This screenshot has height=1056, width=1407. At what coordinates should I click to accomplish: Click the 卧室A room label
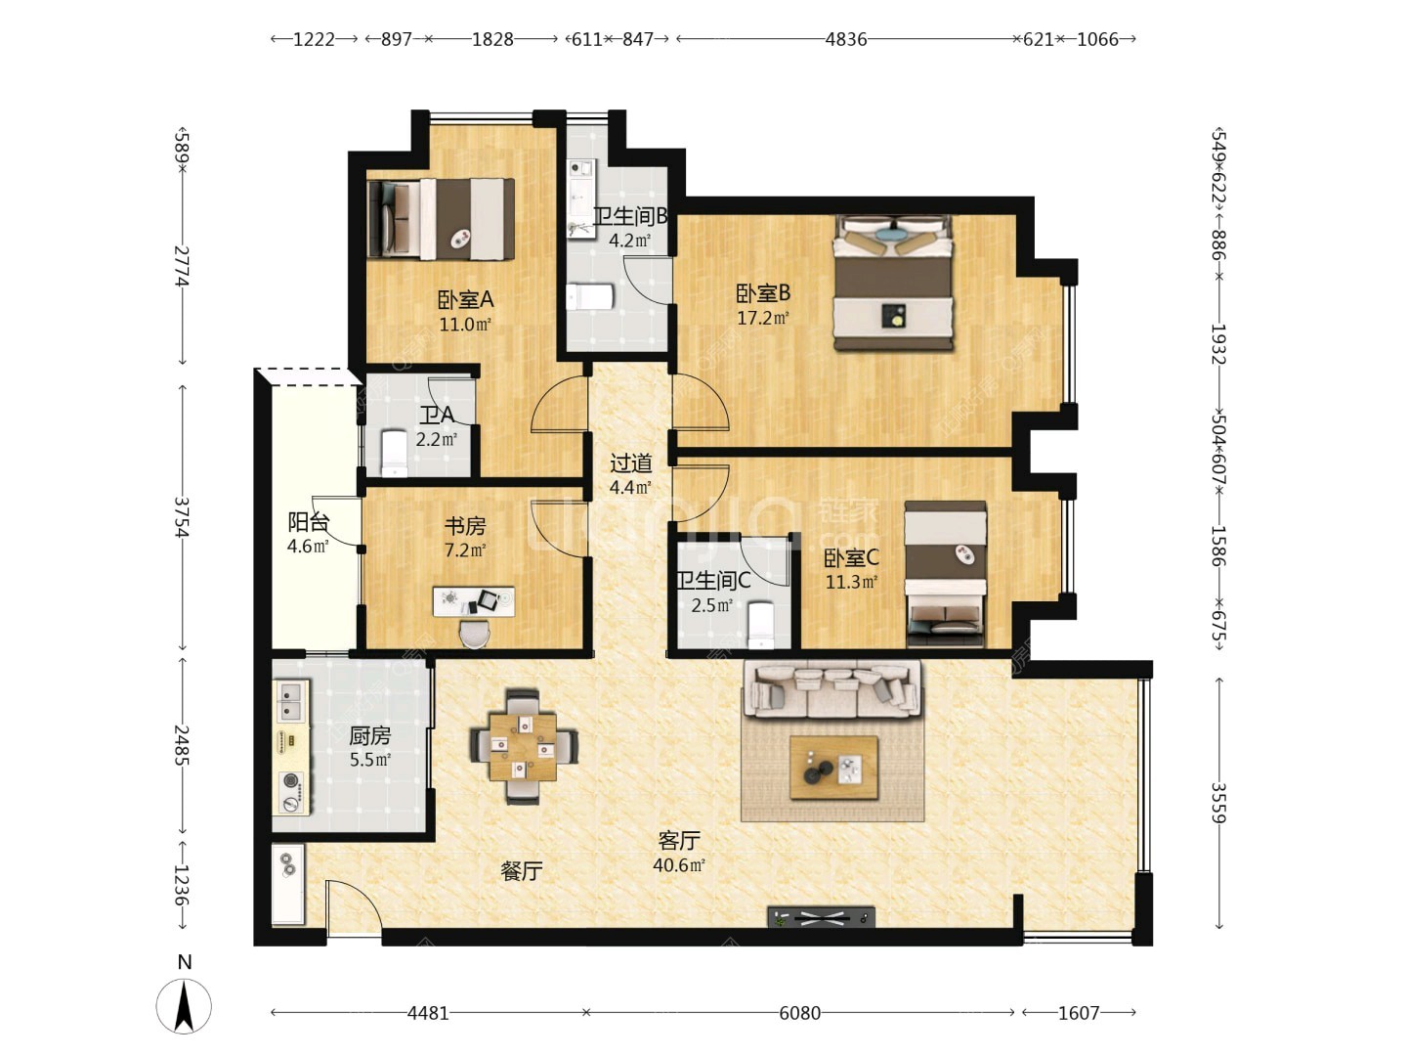pyautogui.click(x=465, y=299)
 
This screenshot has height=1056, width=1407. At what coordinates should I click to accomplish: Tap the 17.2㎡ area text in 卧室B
pyautogui.click(x=762, y=318)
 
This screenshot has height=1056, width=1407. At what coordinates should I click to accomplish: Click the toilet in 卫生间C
pyautogui.click(x=761, y=625)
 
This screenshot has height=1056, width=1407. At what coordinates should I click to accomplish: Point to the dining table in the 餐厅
pyautogui.click(x=523, y=746)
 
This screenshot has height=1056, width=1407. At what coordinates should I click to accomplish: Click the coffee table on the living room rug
pyautogui.click(x=833, y=768)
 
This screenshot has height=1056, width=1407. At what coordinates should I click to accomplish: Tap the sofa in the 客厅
pyautogui.click(x=832, y=690)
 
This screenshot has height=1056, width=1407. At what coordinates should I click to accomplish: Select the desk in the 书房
pyautogui.click(x=474, y=601)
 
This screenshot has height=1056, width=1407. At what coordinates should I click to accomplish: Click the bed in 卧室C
pyautogui.click(x=945, y=573)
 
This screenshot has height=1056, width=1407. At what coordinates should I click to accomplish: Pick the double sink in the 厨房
pyautogui.click(x=291, y=701)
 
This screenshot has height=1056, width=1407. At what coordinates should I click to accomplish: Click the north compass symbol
pyautogui.click(x=184, y=1005)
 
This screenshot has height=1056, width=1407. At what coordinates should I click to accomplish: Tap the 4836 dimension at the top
pyautogui.click(x=845, y=40)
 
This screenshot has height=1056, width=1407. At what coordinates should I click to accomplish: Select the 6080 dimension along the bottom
pyautogui.click(x=799, y=1012)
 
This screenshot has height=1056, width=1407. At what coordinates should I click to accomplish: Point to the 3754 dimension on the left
pyautogui.click(x=182, y=517)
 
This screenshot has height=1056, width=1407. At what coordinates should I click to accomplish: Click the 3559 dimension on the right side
pyautogui.click(x=1218, y=803)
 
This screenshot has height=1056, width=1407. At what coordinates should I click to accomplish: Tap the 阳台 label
pyautogui.click(x=308, y=522)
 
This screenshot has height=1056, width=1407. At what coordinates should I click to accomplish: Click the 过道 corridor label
pyautogui.click(x=631, y=462)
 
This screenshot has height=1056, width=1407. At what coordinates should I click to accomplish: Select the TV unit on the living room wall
pyautogui.click(x=821, y=917)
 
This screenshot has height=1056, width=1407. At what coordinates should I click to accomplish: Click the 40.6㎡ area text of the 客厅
pyautogui.click(x=679, y=865)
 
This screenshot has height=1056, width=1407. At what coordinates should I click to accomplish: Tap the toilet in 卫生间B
pyautogui.click(x=590, y=297)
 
